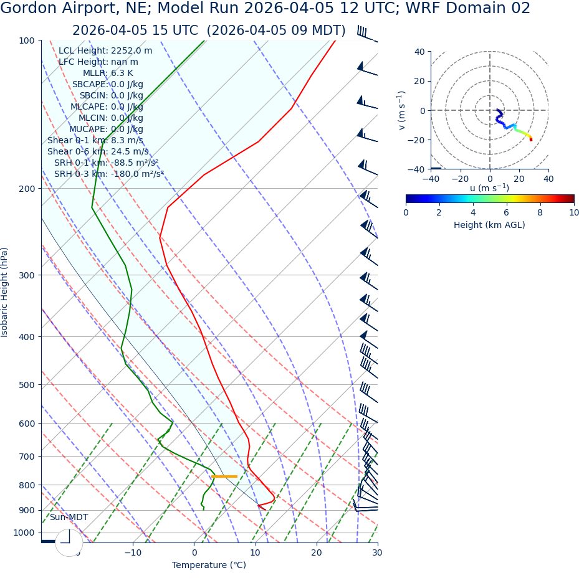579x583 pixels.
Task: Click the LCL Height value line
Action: point(105,50)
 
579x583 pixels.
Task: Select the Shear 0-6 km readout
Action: point(98,151)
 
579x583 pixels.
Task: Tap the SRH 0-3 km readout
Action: point(108,174)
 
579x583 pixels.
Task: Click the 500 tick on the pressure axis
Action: point(27,385)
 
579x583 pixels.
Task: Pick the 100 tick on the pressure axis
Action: point(27,40)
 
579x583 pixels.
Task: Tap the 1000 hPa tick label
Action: point(24,533)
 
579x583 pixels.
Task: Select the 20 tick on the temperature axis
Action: point(317,552)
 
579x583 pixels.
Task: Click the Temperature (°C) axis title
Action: point(209,565)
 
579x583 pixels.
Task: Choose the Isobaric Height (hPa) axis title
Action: point(5,292)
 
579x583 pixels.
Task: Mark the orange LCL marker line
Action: point(224,476)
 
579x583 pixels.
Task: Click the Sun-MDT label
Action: point(69,517)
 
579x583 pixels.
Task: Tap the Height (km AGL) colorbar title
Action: point(489,225)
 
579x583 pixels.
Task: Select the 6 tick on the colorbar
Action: point(507,212)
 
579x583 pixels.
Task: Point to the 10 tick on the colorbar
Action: point(573,212)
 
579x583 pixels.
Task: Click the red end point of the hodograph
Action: point(531,140)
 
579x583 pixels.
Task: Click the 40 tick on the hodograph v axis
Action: point(419,52)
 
